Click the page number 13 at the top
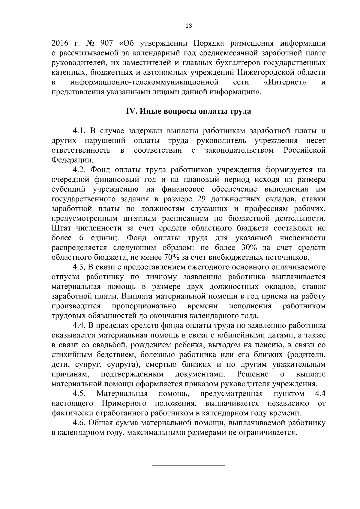point(189,26)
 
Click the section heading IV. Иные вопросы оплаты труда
point(188,111)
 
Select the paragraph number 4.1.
point(79,131)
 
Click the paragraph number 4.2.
point(79,170)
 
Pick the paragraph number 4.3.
point(79,267)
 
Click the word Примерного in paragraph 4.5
point(124,403)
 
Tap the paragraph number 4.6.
point(79,423)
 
